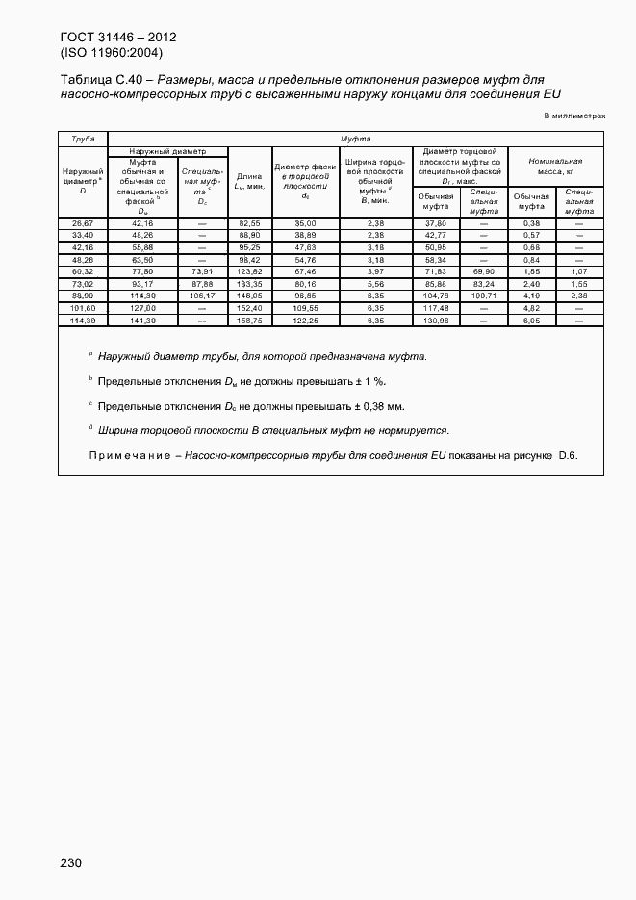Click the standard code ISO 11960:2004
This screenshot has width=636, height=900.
111,53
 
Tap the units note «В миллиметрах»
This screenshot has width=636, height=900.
574,116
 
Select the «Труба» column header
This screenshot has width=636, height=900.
83,139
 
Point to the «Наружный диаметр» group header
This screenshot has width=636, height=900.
167,150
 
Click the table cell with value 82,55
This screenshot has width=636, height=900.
249,223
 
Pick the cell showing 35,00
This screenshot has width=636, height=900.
305,223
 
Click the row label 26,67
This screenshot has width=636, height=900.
83,223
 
